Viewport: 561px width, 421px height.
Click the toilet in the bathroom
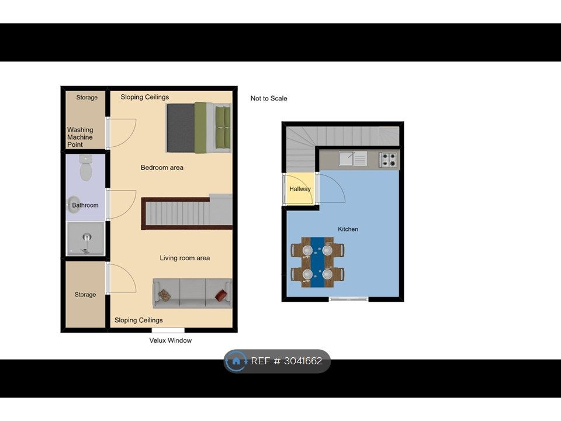86,168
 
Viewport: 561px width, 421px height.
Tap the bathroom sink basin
74,205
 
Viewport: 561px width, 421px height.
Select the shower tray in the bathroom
85,239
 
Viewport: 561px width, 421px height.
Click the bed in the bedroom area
199,127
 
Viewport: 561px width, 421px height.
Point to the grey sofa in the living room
192,293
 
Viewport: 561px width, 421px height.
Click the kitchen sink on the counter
353,158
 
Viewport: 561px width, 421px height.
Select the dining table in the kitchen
317,262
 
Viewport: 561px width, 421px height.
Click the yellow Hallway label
300,189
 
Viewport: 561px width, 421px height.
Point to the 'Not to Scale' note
269,98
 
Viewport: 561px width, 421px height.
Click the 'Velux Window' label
170,340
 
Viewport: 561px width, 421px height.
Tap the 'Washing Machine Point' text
80,137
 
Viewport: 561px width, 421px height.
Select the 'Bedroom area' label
162,168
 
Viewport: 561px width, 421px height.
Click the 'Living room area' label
185,258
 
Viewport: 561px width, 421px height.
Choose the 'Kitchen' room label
348,229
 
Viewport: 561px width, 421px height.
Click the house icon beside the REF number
236,361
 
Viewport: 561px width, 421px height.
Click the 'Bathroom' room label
85,205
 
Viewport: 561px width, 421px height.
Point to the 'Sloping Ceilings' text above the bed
144,97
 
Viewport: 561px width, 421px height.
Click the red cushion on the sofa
221,295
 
